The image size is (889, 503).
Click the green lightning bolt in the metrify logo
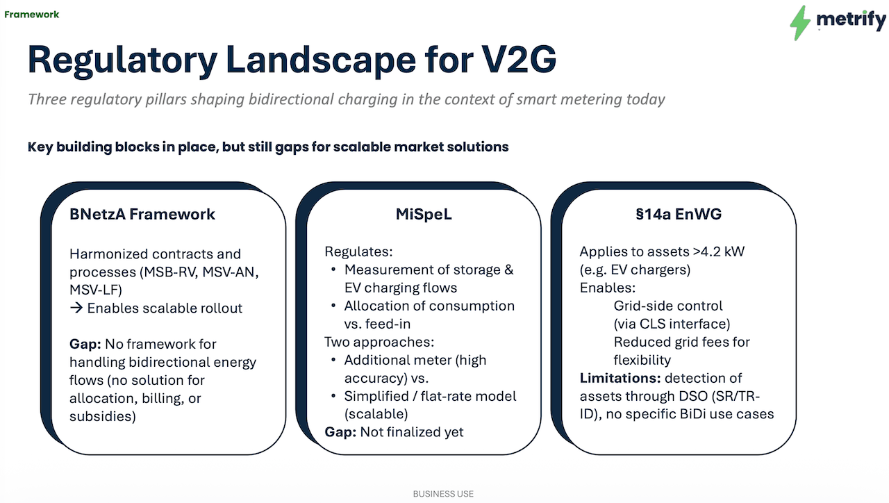801,22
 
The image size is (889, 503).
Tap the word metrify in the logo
851,19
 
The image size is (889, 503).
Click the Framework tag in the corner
32,14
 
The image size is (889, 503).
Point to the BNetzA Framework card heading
142,214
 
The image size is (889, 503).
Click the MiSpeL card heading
419,214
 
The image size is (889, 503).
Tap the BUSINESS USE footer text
443,494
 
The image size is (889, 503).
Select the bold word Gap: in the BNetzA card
85,344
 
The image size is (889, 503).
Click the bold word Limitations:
620,378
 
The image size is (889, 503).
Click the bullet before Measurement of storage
333,270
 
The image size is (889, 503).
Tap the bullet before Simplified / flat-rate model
333,397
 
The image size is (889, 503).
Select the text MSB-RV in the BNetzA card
167,272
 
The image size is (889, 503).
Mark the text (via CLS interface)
672,324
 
